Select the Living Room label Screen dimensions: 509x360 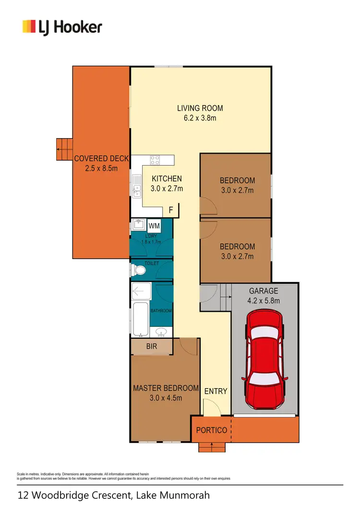[x=200, y=108]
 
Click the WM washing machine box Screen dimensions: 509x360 [x=154, y=225]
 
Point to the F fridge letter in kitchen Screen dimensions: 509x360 [x=170, y=210]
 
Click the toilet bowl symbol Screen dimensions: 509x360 [x=139, y=271]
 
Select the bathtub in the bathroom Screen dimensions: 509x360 [x=140, y=319]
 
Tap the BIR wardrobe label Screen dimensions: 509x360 [x=152, y=346]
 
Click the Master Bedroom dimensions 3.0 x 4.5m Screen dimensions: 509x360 [x=166, y=397]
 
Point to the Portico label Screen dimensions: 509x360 [x=211, y=430]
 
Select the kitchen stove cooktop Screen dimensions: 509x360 [x=155, y=160]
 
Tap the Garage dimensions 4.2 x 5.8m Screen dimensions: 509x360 [x=264, y=301]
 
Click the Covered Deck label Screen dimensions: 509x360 [x=101, y=159]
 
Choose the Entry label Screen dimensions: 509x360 [x=216, y=391]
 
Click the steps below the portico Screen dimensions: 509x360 [x=212, y=447]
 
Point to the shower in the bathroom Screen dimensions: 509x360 [x=141, y=292]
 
